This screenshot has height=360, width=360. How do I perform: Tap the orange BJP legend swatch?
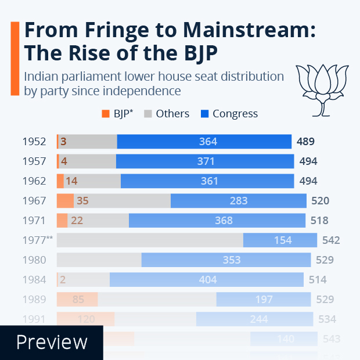point(105,114)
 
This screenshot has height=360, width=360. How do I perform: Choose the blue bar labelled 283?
point(238,201)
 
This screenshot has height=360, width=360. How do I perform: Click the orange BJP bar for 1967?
point(65,201)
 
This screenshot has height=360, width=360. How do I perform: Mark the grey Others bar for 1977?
point(150,240)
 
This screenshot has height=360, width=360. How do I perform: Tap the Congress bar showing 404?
point(207,280)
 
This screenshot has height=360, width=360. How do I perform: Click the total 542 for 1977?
point(330,240)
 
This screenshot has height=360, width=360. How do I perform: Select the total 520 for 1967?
point(320,201)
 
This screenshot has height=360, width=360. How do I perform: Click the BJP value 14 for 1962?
point(71,181)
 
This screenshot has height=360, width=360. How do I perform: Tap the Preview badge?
point(52,342)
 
